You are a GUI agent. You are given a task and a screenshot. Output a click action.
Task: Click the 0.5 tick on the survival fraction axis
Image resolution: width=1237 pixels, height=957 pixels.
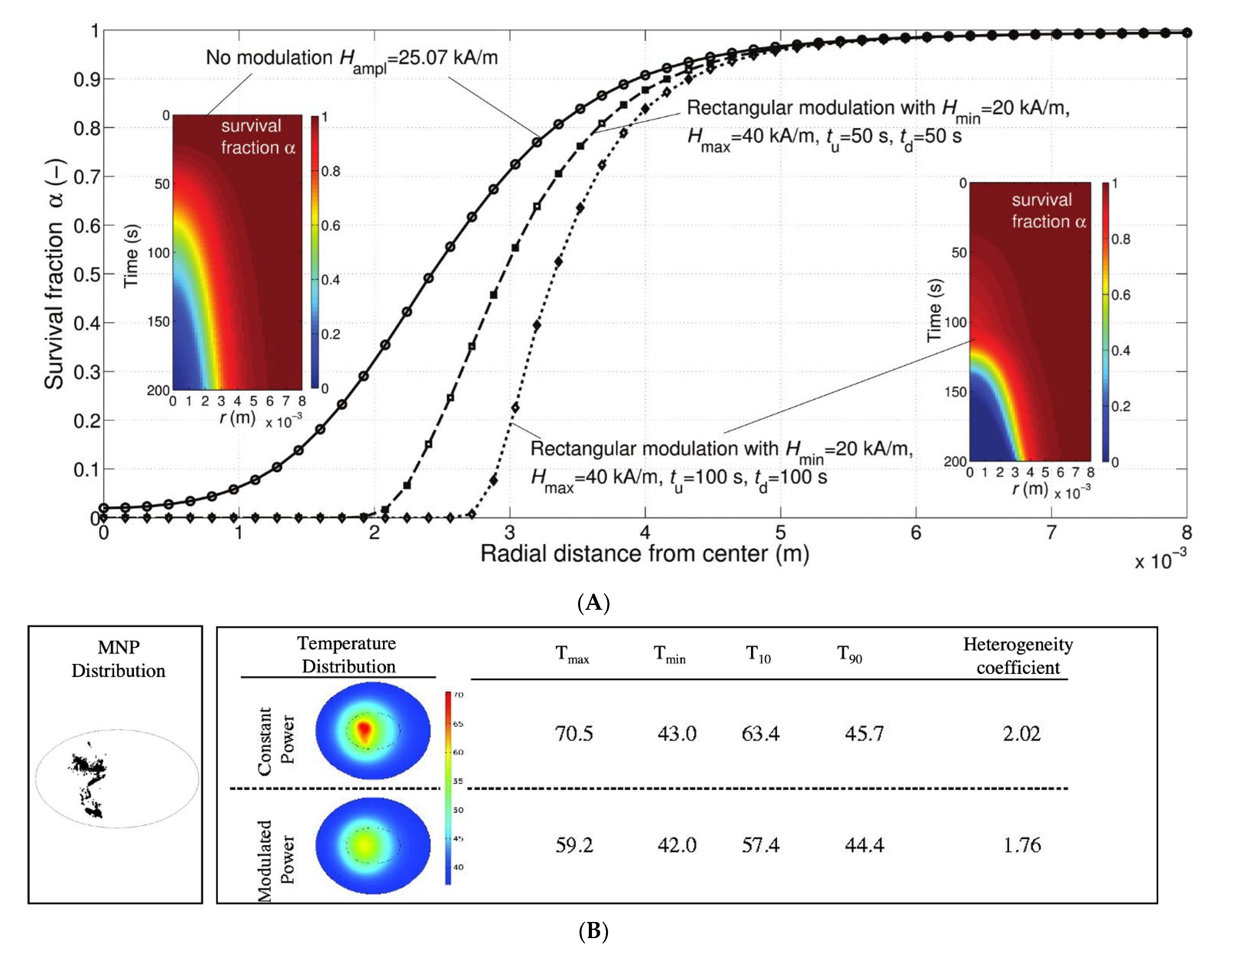86,275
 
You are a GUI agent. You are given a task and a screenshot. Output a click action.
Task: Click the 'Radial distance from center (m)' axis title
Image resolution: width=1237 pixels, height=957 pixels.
644,554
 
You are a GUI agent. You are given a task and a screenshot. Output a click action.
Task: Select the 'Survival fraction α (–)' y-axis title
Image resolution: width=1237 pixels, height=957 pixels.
55,275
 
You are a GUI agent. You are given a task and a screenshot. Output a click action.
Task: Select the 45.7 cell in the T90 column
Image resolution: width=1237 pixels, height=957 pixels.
864,734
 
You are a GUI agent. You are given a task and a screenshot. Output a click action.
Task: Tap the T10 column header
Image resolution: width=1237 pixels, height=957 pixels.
758,654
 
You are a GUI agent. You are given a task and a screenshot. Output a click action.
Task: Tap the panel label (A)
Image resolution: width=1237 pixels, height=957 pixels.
593,602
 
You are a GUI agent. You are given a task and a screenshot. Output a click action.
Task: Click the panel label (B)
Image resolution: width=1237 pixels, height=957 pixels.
593,931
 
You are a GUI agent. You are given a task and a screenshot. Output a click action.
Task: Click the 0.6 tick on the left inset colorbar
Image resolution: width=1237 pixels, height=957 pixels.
330,225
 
